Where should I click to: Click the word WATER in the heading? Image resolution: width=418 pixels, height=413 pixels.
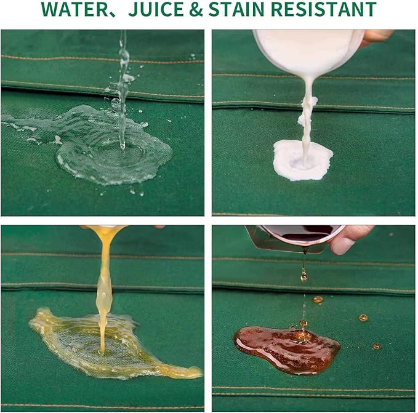coord(74,9)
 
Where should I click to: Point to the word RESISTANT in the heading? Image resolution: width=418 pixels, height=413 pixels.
coord(323,9)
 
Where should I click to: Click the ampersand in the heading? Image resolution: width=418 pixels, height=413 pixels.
coord(196,9)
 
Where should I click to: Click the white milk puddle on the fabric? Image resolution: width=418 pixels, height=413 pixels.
coord(302,161)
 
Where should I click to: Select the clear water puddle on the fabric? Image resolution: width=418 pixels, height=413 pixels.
coord(107,149)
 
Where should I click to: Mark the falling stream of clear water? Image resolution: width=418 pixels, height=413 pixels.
coord(123,88)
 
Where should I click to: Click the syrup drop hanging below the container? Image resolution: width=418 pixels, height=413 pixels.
coord(303,276)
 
